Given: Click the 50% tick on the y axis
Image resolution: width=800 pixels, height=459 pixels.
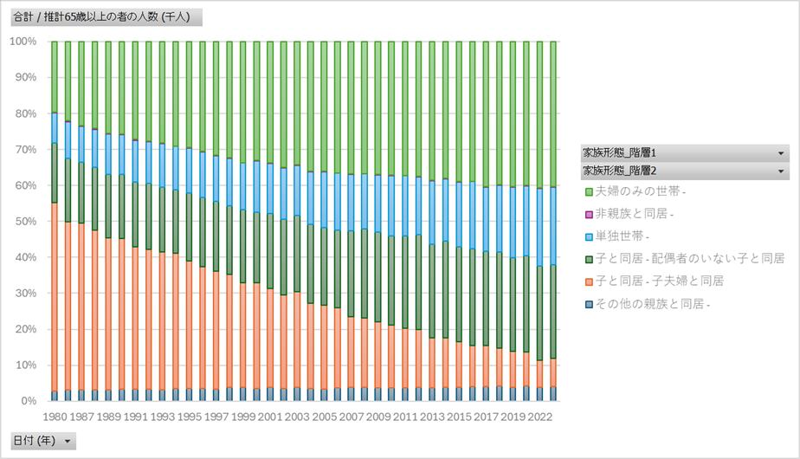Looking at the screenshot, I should coord(23,221).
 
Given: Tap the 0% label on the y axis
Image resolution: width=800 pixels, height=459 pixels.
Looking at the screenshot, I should coord(26,401).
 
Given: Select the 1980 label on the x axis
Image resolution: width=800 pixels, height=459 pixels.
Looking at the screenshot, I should coord(55,417).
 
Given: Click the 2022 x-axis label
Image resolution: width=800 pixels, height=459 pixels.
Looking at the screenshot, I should coord(539,417).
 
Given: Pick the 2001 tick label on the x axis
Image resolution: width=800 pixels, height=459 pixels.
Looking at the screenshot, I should coord(270,417).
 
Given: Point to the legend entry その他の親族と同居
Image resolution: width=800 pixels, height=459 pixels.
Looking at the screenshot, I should coord(650,304).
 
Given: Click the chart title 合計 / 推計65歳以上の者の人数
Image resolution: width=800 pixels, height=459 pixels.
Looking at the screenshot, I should coord(103,17).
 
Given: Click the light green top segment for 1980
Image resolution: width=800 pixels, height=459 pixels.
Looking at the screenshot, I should coord(55,77).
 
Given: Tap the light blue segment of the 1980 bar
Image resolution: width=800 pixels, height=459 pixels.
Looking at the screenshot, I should coord(55,128).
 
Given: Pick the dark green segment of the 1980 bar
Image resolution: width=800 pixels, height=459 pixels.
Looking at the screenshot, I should coord(55,173).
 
